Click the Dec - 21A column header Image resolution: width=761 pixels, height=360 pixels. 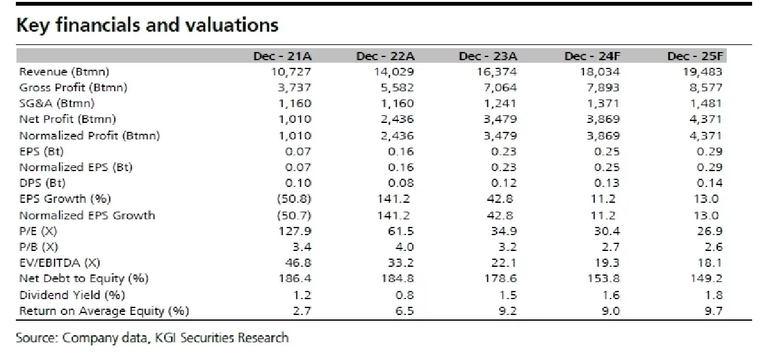tap(282, 56)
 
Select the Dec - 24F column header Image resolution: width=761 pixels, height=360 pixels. tap(592, 56)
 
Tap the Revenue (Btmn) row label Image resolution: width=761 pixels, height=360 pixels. tap(64, 72)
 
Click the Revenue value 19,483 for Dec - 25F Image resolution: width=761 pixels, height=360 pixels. tap(703, 72)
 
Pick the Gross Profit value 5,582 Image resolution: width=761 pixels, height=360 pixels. tap(397, 87)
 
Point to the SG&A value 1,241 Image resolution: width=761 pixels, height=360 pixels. tap(500, 103)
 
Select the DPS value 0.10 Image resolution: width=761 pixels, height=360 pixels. tap(298, 183)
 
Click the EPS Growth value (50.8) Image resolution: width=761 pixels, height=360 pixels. tap(294, 198)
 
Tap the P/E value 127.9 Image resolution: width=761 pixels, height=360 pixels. tap(295, 231)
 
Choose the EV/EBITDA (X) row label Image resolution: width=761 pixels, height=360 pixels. tap(60, 263)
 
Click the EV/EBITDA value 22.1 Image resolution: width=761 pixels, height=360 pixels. tap(504, 263)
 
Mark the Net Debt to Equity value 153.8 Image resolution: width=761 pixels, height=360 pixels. tap(604, 278)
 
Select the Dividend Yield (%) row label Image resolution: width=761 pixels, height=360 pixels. tap(72, 295)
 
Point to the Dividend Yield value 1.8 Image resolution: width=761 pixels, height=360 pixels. tap(714, 295)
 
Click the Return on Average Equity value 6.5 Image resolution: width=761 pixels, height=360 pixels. tap(405, 311)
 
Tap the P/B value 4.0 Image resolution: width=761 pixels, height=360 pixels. tap(405, 247)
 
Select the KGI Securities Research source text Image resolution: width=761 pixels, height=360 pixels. tap(221, 338)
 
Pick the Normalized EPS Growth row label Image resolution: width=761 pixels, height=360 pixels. tap(87, 215)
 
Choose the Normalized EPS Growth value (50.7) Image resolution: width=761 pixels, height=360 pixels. tap(294, 215)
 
